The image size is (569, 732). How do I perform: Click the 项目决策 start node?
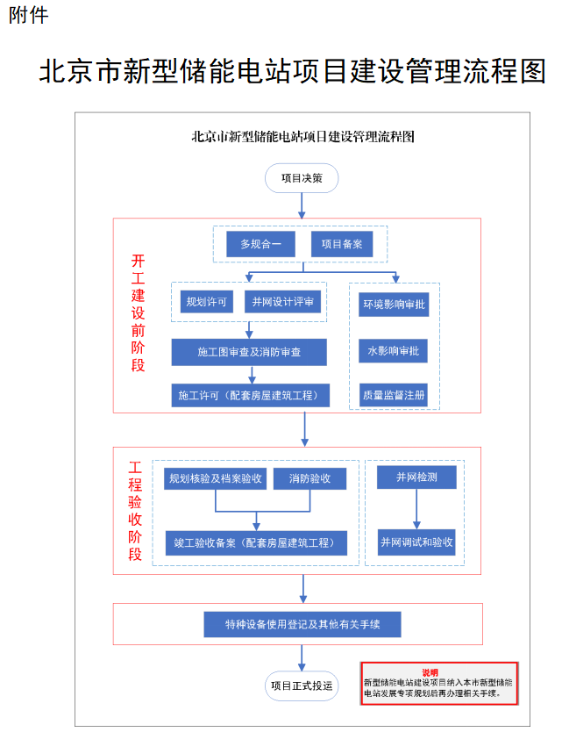301,178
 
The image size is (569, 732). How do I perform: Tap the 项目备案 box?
341,244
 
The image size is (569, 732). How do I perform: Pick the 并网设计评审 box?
282,302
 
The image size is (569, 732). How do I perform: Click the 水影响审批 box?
394,351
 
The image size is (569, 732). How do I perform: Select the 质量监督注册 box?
394,396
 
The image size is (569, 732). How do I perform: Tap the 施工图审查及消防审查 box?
249,352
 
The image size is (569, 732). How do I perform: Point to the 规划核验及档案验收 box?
215,478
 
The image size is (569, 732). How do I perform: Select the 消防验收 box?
309,478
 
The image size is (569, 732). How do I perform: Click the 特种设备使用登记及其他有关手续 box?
302,624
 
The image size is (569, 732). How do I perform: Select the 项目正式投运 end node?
301,685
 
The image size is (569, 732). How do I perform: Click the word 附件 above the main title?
28,16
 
